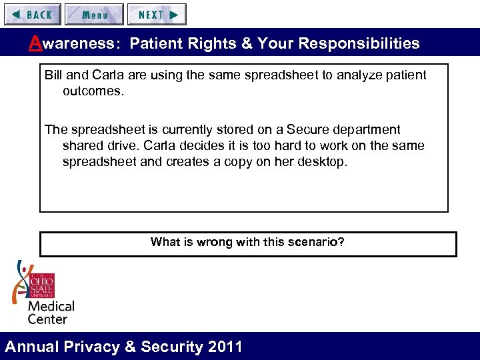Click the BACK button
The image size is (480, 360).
(x=32, y=14)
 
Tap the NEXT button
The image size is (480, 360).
(x=157, y=14)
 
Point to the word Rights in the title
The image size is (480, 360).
(x=214, y=44)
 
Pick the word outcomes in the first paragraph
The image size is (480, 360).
(x=93, y=91)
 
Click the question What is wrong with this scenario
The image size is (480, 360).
(x=247, y=242)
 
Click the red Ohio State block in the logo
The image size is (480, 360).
(x=42, y=286)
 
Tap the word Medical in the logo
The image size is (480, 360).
(x=51, y=307)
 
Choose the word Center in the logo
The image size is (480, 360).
(x=47, y=319)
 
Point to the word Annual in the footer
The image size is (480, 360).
(x=32, y=347)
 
